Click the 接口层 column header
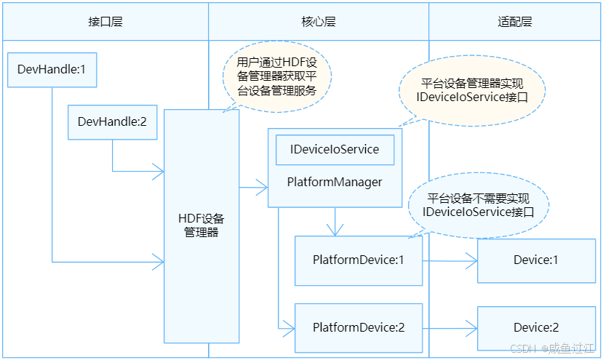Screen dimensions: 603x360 point(105,22)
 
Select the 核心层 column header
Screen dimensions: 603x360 point(319,22)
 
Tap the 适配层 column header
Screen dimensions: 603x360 point(514,22)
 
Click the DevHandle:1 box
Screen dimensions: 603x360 point(52,70)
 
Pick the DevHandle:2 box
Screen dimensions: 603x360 point(112,122)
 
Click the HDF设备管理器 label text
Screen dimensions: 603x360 point(201,225)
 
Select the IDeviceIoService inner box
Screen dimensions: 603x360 point(335,150)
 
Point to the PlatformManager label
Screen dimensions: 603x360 point(335,182)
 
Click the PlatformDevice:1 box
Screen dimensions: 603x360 point(359,260)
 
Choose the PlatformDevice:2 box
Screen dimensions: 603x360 point(359,328)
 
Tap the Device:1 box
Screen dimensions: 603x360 point(536,260)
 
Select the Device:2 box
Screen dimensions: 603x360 point(536,328)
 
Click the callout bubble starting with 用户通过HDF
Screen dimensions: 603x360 point(277,76)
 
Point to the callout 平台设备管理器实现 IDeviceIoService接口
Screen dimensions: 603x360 point(472,91)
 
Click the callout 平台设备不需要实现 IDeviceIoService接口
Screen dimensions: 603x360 point(479,205)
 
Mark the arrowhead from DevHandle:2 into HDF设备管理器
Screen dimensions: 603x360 point(159,171)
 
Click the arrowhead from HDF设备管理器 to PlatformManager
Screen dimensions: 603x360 point(262,188)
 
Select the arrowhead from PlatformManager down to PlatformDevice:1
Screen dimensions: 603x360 point(335,230)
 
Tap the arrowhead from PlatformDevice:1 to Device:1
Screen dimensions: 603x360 point(471,261)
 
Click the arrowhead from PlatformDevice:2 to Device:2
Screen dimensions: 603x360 point(471,329)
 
